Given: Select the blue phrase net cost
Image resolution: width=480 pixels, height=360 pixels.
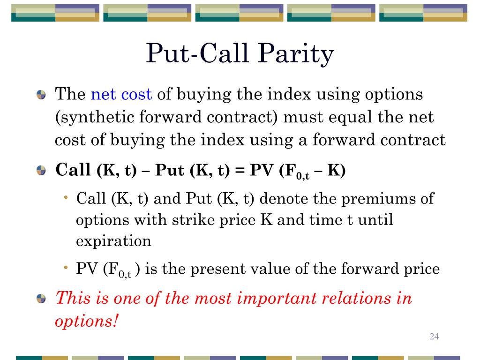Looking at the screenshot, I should [121, 95].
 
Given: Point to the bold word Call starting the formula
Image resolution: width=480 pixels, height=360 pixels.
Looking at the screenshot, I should [73, 170].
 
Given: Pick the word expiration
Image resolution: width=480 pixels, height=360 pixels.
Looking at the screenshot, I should [114, 241].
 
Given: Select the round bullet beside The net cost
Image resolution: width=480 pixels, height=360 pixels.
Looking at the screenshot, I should [42, 96].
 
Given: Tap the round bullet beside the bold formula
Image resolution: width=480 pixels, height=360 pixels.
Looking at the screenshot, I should [42, 171].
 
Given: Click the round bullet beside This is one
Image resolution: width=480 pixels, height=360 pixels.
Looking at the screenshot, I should [42, 299].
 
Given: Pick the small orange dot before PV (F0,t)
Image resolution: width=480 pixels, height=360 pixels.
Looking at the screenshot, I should [67, 268].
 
